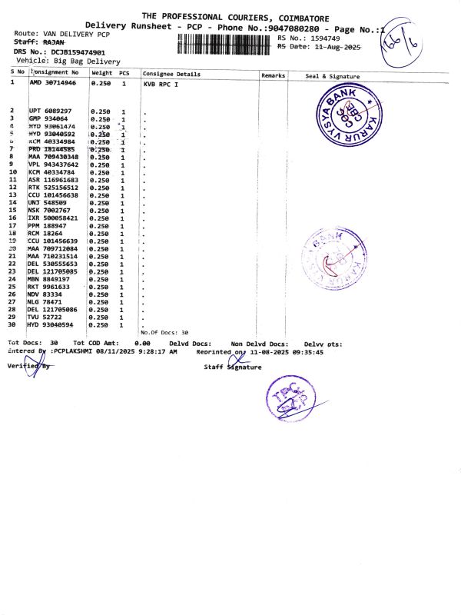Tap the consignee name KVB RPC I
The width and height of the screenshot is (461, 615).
[x=161, y=82]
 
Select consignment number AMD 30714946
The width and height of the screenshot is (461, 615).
[x=53, y=82]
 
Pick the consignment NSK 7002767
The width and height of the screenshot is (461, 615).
[x=50, y=209]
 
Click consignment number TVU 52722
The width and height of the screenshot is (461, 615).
[x=45, y=317]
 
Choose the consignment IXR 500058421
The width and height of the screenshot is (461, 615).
[x=53, y=218]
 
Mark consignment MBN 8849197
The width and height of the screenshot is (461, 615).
[x=50, y=278]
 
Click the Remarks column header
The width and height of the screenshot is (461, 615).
[x=274, y=75]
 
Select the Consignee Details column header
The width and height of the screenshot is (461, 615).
[x=172, y=75]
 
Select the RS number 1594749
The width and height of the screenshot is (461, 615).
[x=320, y=38]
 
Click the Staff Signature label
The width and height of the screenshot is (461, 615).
[x=232, y=367]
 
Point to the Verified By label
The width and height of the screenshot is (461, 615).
[x=28, y=366]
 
